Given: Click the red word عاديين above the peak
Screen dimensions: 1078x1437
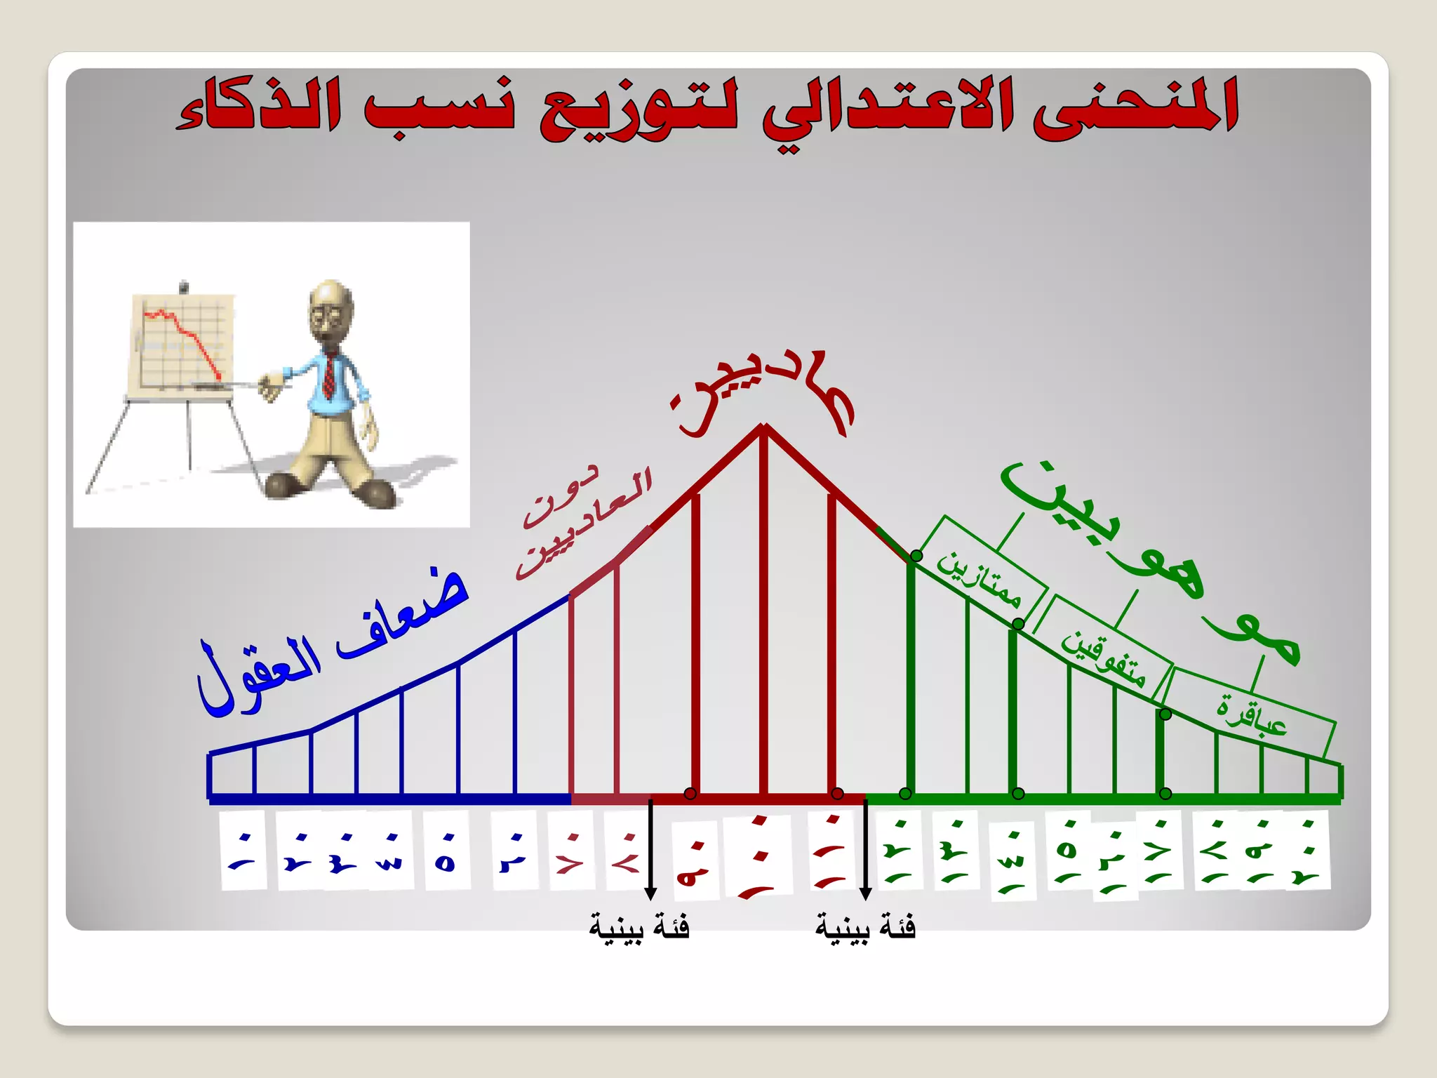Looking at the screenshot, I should pos(765,393).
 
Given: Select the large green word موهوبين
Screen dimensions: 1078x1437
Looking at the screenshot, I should pos(1151,561).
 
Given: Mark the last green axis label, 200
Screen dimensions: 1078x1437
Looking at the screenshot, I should pos(1306,851).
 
